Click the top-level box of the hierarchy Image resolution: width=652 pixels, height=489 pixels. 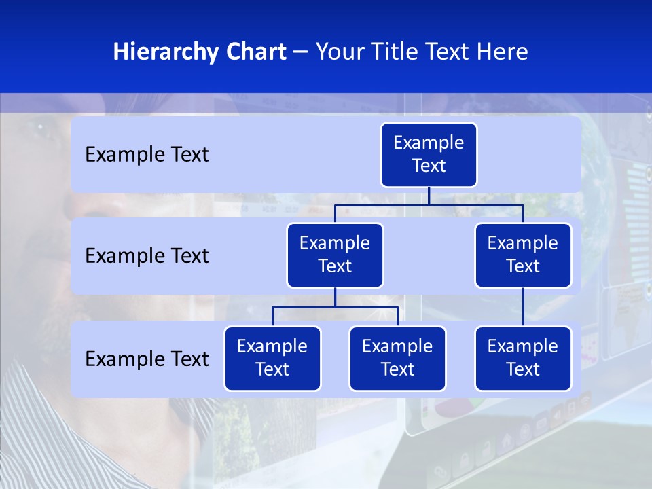pos(429,155)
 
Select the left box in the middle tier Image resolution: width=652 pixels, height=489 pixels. pos(335,255)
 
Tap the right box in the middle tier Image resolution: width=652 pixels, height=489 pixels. pos(523,255)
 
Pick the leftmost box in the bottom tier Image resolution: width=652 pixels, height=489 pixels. pos(272,359)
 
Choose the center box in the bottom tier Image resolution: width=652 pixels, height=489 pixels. pos(397,359)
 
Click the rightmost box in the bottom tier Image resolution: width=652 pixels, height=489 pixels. pos(523,359)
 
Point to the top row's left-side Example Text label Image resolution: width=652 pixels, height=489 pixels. pos(147,155)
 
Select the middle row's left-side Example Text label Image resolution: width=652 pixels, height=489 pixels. pos(147,256)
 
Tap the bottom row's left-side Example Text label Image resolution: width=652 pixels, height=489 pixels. pos(147,359)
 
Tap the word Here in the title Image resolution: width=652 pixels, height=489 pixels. pos(503,52)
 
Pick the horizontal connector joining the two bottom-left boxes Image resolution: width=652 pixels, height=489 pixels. pos(335,307)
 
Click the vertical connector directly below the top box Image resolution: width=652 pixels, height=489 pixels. pos(429,196)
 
